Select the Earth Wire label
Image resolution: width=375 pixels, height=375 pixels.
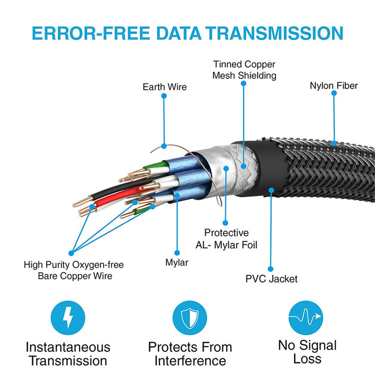[165, 87]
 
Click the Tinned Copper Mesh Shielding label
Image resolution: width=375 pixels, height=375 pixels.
[244, 69]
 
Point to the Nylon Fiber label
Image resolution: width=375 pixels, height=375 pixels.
[334, 85]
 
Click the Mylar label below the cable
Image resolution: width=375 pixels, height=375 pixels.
[177, 262]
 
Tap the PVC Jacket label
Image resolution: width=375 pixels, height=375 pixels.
[271, 279]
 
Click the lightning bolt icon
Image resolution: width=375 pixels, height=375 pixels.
[68, 317]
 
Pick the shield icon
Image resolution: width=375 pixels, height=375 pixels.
[190, 317]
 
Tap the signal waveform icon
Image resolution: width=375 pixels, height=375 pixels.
[306, 317]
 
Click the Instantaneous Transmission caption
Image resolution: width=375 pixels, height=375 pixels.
[68, 354]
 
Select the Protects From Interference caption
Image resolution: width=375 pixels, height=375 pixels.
[190, 354]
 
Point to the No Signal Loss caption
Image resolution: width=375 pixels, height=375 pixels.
[307, 352]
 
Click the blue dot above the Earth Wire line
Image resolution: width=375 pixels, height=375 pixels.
[164, 96]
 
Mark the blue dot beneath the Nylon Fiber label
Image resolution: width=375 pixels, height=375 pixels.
[334, 93]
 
